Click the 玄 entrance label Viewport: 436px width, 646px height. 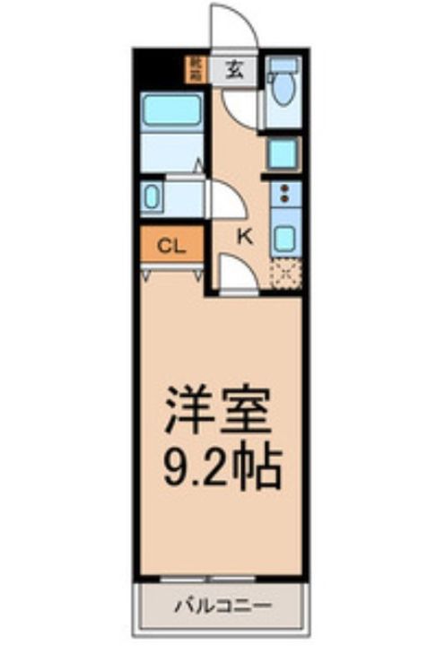click(233, 67)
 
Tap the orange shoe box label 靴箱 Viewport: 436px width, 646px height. click(194, 68)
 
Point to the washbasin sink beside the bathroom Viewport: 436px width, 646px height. click(153, 197)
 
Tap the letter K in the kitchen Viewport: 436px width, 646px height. click(243, 236)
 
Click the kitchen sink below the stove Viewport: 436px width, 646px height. click(285, 237)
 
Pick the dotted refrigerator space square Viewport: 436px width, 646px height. click(285, 273)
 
